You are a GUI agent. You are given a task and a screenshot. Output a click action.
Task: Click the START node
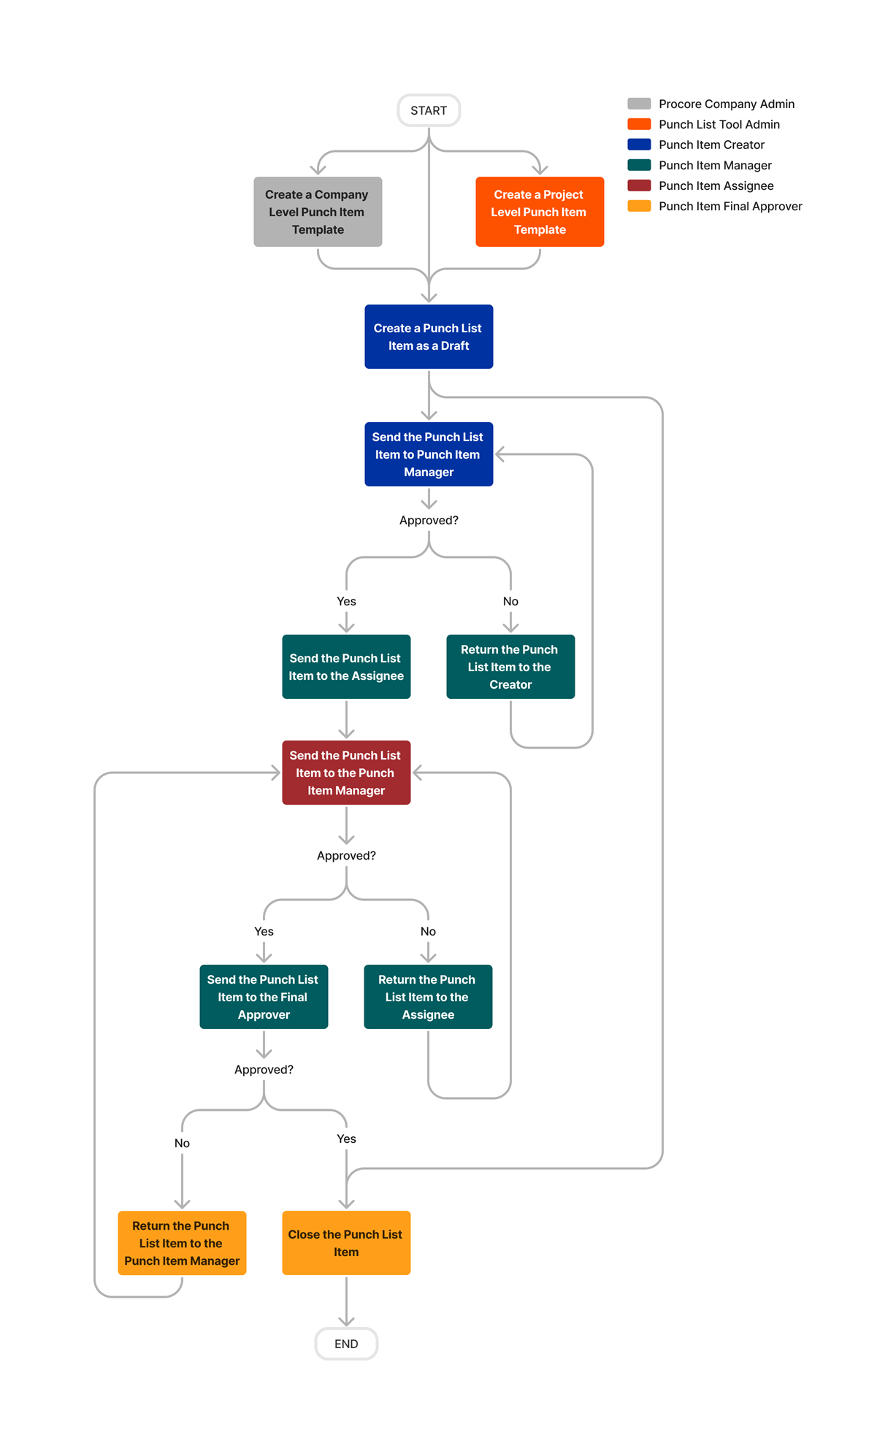(x=428, y=110)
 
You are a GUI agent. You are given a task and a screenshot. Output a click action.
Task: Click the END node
(x=346, y=1344)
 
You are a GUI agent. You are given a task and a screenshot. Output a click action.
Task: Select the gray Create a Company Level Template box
(x=318, y=212)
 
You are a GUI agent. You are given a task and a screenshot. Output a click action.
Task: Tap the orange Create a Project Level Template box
(x=540, y=212)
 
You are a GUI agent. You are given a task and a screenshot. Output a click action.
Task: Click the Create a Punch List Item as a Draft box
(x=429, y=337)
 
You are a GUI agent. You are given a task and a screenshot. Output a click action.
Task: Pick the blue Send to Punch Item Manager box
(x=429, y=454)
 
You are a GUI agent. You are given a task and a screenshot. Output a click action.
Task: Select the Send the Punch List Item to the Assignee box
(x=346, y=667)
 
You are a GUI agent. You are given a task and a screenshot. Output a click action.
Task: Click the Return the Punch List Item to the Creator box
(x=510, y=667)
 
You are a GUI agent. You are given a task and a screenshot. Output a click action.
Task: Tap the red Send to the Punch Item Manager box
(x=346, y=773)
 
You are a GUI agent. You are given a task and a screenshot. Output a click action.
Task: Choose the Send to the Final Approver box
(x=264, y=997)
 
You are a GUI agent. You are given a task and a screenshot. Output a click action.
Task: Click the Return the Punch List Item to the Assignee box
(x=428, y=997)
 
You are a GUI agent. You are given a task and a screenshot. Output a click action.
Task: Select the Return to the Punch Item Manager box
(x=182, y=1243)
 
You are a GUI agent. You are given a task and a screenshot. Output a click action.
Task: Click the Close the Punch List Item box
(x=346, y=1243)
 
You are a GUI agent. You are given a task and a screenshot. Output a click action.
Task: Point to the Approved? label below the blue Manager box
(x=429, y=520)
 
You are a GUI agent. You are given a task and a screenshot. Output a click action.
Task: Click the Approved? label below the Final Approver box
(x=264, y=1069)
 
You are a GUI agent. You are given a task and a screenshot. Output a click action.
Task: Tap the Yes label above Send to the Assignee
(x=346, y=601)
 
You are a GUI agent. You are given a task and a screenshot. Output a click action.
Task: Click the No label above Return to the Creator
(x=510, y=601)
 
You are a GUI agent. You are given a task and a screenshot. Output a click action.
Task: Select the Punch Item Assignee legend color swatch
(x=639, y=185)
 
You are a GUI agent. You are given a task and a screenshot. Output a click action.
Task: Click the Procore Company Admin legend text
(x=726, y=104)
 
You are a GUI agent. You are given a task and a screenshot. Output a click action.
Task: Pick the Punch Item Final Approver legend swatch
(x=639, y=206)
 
